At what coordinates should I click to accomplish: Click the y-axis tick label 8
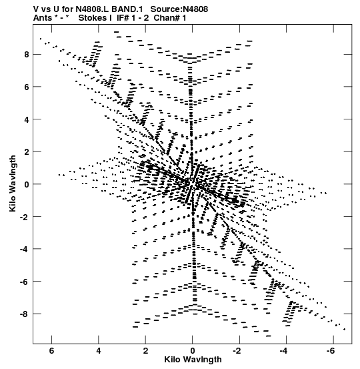26,55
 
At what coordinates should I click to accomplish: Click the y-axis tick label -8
24,314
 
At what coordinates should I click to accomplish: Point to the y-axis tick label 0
26,184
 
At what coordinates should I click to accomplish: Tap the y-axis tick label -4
24,249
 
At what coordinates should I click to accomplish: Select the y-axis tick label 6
26,87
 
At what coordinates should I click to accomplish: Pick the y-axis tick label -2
24,217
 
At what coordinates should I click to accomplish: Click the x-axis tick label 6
51,351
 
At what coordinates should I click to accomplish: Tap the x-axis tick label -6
331,351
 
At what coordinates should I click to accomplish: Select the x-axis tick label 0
193,351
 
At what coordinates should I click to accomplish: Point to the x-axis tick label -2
237,351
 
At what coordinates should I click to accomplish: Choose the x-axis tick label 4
99,351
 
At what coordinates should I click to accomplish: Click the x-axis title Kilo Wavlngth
193,360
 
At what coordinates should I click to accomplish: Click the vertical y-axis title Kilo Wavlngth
13,183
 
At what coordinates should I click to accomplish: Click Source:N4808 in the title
179,9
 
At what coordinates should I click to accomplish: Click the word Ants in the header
42,18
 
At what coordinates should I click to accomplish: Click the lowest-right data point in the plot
345,330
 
